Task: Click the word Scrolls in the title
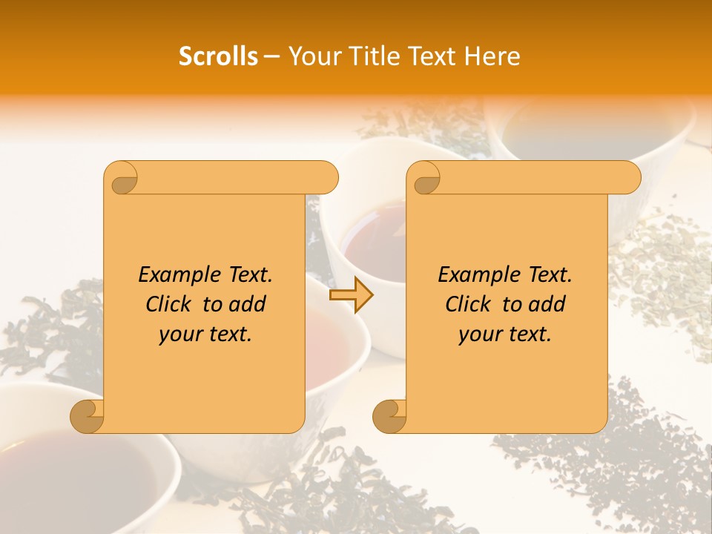point(219,56)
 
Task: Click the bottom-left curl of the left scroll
point(88,417)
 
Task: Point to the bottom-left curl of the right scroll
point(389,417)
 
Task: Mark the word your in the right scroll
point(478,334)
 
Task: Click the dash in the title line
point(271,56)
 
